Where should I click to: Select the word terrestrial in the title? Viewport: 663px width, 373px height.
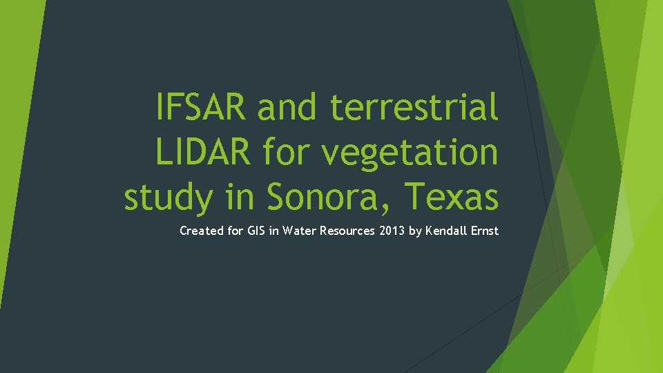point(414,107)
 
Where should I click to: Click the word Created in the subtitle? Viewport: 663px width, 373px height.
point(201,231)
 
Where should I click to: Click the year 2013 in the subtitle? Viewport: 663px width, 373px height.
point(392,231)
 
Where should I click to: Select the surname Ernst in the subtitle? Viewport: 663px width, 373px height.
point(484,231)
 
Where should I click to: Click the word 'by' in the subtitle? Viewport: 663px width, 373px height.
point(415,231)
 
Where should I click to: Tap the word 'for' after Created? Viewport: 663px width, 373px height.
point(236,231)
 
